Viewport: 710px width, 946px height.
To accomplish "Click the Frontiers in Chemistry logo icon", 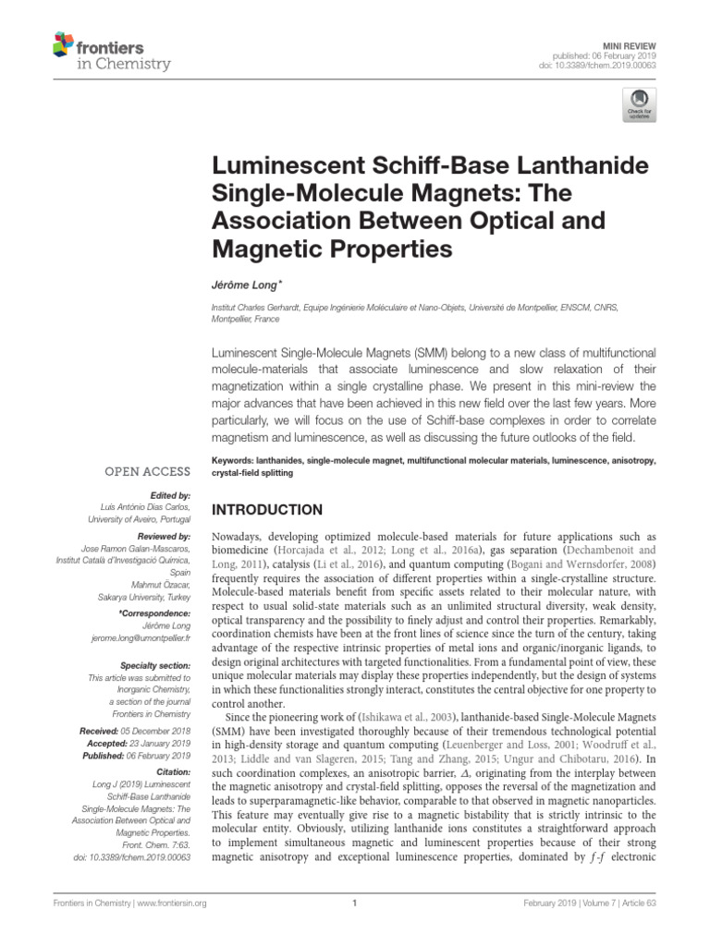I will pyautogui.click(x=64, y=43).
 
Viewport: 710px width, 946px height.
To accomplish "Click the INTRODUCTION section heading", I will pyautogui.click(x=268, y=510).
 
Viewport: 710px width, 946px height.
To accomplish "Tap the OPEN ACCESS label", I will pyautogui.click(x=148, y=471).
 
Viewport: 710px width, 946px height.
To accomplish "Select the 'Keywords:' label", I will pyautogui.click(x=236, y=460).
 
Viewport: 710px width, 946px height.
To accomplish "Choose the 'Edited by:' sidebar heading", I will pyautogui.click(x=168, y=495).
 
